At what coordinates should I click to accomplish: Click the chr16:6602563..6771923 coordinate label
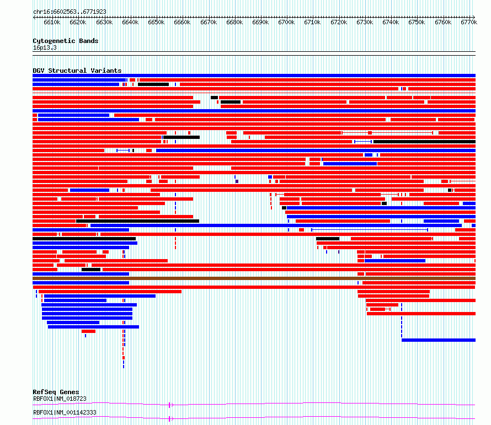(x=70, y=12)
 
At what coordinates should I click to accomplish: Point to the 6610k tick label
(x=52, y=22)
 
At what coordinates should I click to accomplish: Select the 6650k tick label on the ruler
(x=156, y=22)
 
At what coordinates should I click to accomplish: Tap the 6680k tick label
(x=234, y=22)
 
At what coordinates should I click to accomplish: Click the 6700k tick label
(x=286, y=22)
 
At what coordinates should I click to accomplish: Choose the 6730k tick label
(x=365, y=22)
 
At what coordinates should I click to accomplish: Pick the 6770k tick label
(x=469, y=22)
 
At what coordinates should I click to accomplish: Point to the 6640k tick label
(x=130, y=22)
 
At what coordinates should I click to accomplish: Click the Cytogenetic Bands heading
(x=66, y=41)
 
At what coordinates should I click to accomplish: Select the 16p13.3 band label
(x=45, y=47)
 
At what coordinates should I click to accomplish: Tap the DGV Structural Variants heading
(x=77, y=71)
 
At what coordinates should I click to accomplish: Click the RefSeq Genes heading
(x=56, y=392)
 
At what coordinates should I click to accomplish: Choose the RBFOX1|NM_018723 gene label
(x=60, y=399)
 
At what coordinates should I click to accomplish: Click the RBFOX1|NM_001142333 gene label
(x=65, y=412)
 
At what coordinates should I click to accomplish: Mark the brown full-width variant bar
(x=254, y=278)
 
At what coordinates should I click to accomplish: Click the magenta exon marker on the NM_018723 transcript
(x=170, y=405)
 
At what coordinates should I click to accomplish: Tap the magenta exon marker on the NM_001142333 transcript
(x=170, y=419)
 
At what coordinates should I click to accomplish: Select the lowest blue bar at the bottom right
(x=439, y=340)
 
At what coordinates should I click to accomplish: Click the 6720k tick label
(x=339, y=22)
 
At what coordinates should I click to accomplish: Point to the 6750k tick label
(x=417, y=22)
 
